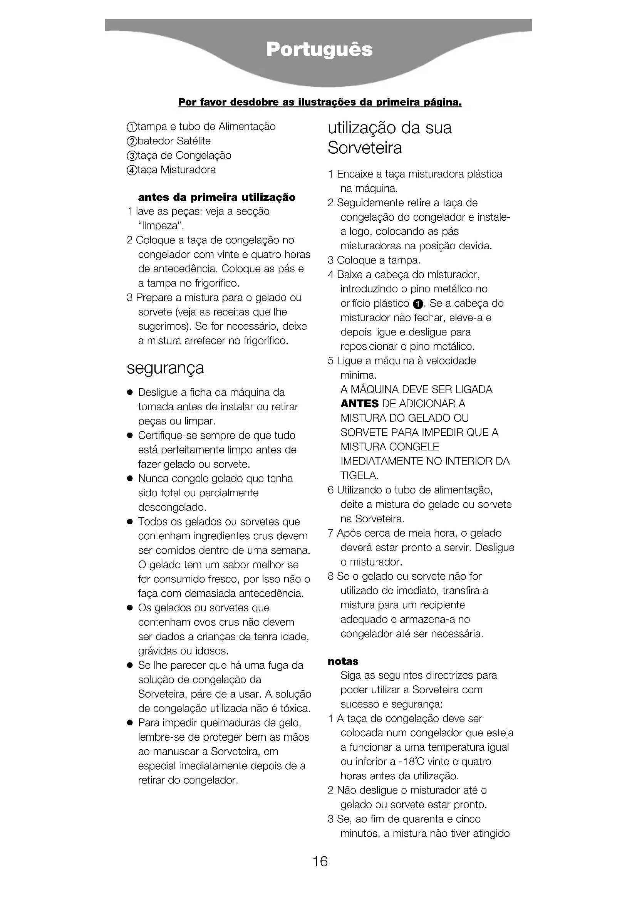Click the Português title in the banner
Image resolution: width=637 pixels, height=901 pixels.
319,50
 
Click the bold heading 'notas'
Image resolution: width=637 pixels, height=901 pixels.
343,661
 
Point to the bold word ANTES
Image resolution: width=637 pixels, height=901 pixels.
359,404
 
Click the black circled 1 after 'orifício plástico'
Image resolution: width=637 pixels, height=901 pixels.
419,304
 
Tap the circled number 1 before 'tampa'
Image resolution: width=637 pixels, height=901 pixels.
132,127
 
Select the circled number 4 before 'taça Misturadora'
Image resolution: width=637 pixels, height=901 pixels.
132,170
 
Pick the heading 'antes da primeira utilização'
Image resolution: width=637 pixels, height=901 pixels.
216,197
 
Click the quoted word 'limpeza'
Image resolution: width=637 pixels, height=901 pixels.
161,226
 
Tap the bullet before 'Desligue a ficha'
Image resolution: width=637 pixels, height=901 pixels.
129,393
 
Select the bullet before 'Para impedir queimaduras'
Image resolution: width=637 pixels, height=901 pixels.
129,723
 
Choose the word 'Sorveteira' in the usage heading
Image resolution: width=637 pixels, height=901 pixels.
365,148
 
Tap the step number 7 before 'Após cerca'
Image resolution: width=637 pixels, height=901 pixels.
331,533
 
